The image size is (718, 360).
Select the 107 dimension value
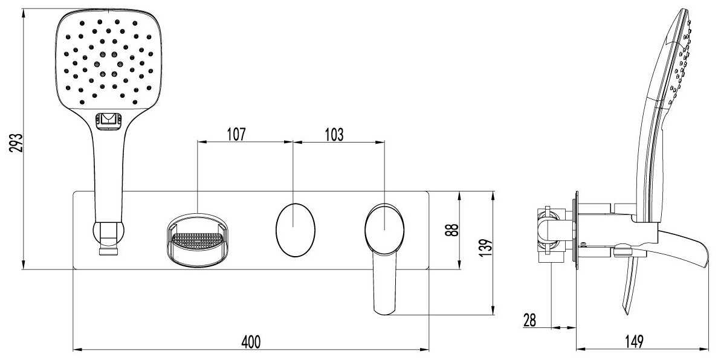(236, 135)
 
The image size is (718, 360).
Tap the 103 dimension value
(334, 135)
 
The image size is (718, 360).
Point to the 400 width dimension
(251, 341)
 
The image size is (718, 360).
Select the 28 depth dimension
(530, 320)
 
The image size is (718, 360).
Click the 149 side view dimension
(634, 341)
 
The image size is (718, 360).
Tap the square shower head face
(108, 60)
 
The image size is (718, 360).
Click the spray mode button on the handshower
(109, 120)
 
